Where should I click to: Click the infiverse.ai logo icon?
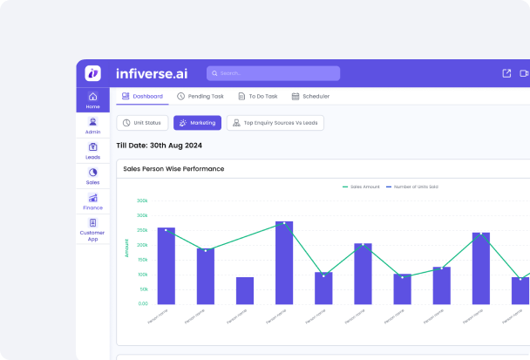(x=93, y=73)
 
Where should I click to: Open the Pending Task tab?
(x=200, y=97)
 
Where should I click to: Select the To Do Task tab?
(x=258, y=97)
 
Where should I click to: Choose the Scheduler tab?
(x=312, y=97)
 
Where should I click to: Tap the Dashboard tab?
(x=142, y=97)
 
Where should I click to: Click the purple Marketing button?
(x=197, y=123)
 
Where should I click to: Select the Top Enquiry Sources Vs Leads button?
(x=275, y=123)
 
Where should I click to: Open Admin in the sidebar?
(x=93, y=126)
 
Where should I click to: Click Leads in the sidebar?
(x=93, y=151)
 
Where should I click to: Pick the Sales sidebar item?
(x=93, y=176)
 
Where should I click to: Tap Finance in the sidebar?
(x=93, y=201)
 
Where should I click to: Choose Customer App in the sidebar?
(x=93, y=230)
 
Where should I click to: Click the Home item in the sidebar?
(x=93, y=100)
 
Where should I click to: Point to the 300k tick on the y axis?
(x=142, y=200)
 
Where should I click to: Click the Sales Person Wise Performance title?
(x=173, y=168)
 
